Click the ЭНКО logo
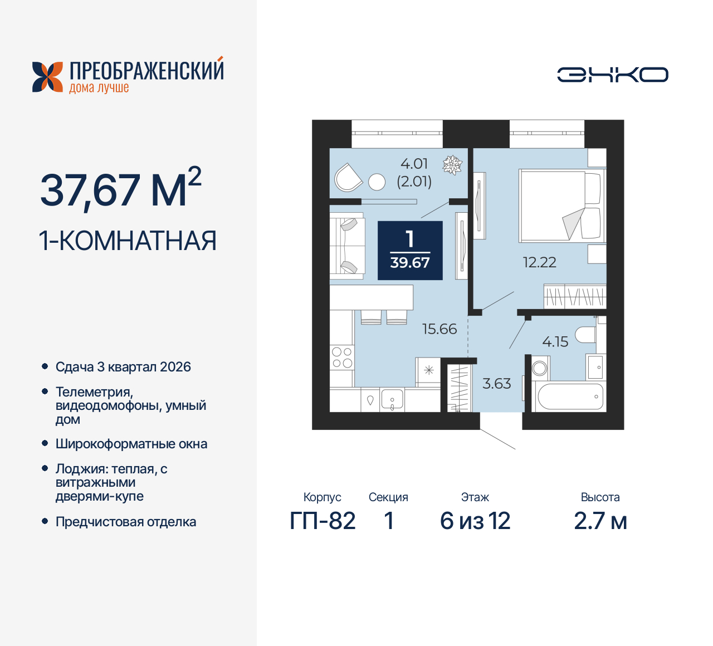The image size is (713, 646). pyautogui.click(x=612, y=75)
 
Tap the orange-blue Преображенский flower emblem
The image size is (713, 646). pyautogui.click(x=47, y=77)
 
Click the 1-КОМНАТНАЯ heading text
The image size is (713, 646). pyautogui.click(x=128, y=241)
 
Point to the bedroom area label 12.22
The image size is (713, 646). pyautogui.click(x=539, y=262)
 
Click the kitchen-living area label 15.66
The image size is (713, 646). pyautogui.click(x=439, y=329)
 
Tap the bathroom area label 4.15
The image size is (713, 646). pyautogui.click(x=555, y=342)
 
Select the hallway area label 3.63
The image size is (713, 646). pyautogui.click(x=496, y=384)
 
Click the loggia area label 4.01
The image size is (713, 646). pyautogui.click(x=414, y=164)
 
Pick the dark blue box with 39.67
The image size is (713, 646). pyautogui.click(x=410, y=251)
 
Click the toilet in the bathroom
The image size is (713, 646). pyautogui.click(x=586, y=335)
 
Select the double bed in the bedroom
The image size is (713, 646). pyautogui.click(x=560, y=205)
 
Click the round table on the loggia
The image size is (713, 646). pyautogui.click(x=377, y=182)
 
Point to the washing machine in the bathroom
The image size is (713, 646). pyautogui.click(x=540, y=368)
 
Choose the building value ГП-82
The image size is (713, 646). pyautogui.click(x=323, y=521)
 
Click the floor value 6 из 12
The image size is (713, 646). pyautogui.click(x=475, y=521)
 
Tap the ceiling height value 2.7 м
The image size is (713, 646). pyautogui.click(x=600, y=521)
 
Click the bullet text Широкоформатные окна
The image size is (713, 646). pyautogui.click(x=131, y=444)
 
